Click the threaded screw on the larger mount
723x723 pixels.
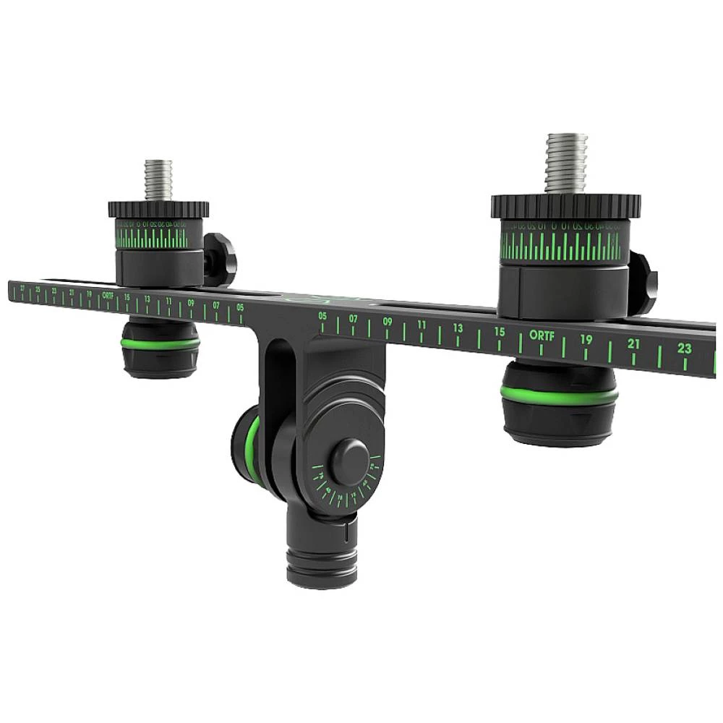point(565,163)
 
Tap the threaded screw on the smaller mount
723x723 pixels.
point(159,180)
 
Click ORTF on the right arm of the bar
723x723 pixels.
point(540,335)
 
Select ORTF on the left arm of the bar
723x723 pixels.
point(108,295)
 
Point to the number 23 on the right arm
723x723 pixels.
point(685,348)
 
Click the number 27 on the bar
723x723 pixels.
point(23,288)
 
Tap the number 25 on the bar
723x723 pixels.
point(38,290)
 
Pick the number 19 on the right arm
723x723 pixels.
point(586,339)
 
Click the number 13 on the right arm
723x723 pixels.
point(458,328)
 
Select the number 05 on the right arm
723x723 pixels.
point(322,316)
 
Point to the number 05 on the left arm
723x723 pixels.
point(240,307)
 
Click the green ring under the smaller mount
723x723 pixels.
point(160,343)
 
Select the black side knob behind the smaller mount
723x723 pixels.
point(220,259)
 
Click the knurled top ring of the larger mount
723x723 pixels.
point(565,206)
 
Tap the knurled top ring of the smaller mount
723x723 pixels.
point(158,209)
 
